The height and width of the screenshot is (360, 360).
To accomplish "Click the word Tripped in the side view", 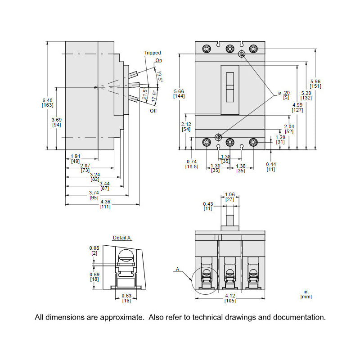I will (152, 53).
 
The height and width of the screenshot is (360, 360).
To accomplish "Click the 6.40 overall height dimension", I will (47, 100).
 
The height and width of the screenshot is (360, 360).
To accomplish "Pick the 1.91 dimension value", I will (75, 156).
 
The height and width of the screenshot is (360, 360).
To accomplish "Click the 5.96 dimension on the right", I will (315, 82).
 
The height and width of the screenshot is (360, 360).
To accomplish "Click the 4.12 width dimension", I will (230, 295).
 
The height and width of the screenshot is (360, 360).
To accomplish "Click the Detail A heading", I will (122, 238).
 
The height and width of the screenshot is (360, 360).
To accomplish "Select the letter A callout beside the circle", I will (177, 270).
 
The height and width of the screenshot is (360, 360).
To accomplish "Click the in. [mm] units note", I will (306, 294).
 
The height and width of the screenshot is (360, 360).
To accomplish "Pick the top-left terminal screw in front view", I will (207, 49).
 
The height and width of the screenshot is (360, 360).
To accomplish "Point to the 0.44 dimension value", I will (270, 164).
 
